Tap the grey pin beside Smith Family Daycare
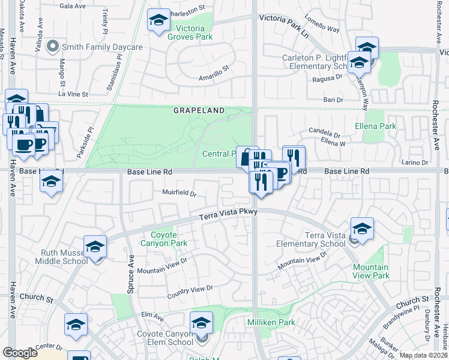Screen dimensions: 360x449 point(52,46)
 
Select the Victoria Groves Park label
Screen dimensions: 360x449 point(194,32)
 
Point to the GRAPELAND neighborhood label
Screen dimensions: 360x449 point(199,110)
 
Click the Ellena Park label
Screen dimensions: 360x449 point(376,127)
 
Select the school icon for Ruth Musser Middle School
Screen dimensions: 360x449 point(95,247)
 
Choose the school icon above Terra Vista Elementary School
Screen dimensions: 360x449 point(362,229)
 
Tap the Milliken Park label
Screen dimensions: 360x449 point(271,322)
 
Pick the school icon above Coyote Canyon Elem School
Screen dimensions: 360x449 point(201,323)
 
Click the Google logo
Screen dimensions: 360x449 point(20,353)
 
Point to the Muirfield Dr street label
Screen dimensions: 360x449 point(179,193)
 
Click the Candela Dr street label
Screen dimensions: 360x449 point(324,130)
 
